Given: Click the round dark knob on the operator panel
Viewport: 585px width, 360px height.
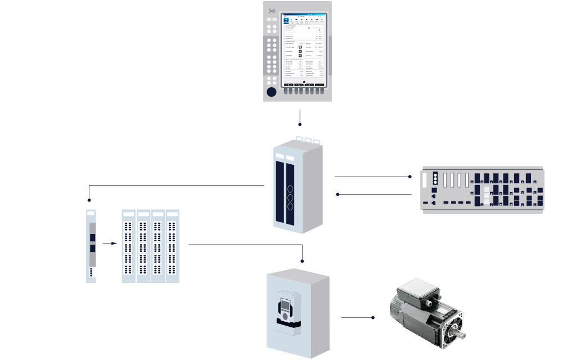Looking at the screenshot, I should [x=272, y=92].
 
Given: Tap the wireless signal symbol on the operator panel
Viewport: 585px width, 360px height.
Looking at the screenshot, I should [x=273, y=11].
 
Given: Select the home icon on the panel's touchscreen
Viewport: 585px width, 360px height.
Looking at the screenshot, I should [x=304, y=82].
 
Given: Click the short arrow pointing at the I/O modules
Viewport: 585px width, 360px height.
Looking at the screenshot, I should [x=110, y=244].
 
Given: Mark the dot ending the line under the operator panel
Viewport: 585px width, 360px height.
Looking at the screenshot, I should [x=300, y=124].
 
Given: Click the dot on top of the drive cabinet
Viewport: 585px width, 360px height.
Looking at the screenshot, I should [x=303, y=261].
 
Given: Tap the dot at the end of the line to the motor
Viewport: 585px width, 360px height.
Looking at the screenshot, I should [x=373, y=318].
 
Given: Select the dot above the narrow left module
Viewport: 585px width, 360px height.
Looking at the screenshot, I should [x=89, y=200].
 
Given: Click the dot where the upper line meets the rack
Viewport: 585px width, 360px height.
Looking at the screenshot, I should [x=410, y=177].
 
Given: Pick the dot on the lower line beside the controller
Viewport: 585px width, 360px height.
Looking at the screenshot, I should [x=337, y=194].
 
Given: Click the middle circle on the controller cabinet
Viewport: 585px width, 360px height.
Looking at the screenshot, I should [x=290, y=197].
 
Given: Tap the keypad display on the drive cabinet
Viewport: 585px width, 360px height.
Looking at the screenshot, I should [x=285, y=308].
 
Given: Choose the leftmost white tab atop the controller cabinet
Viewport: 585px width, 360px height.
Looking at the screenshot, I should [x=299, y=138].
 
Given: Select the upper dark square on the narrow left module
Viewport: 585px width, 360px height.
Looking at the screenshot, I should [x=93, y=237].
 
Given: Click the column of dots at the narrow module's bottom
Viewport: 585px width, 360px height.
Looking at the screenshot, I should [x=91, y=273].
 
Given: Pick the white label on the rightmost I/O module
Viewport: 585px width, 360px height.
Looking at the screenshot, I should [x=172, y=214].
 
